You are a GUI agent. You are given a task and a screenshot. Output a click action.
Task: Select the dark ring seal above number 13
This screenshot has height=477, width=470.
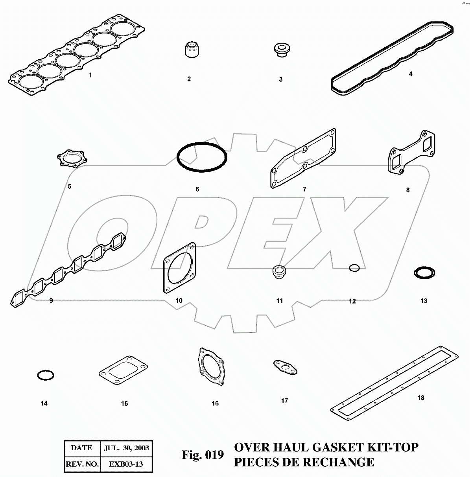424,273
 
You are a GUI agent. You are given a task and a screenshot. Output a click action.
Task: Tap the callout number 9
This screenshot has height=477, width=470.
51,301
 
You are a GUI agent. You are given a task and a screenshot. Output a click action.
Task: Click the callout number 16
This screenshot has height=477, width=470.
215,403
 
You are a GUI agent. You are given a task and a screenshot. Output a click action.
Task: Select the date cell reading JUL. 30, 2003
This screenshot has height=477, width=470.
126,448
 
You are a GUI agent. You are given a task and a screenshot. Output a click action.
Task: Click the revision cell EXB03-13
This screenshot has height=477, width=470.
126,464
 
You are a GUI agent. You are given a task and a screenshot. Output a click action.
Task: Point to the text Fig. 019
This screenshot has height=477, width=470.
203,455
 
